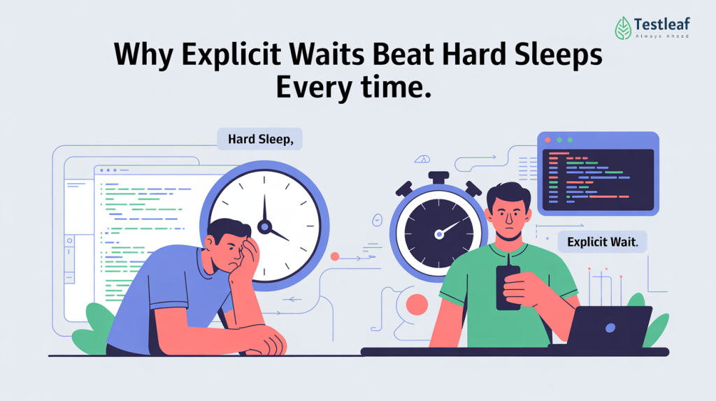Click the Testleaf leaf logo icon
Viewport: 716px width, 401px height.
(623, 28)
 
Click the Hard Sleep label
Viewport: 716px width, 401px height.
(260, 138)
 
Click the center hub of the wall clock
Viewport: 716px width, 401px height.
(264, 226)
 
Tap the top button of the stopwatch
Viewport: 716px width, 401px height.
(438, 177)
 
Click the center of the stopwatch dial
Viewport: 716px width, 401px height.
(438, 233)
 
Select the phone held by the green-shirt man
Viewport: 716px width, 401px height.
(508, 286)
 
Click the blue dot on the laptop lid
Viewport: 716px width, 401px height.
(610, 327)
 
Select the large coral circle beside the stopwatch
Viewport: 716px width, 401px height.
(417, 305)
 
